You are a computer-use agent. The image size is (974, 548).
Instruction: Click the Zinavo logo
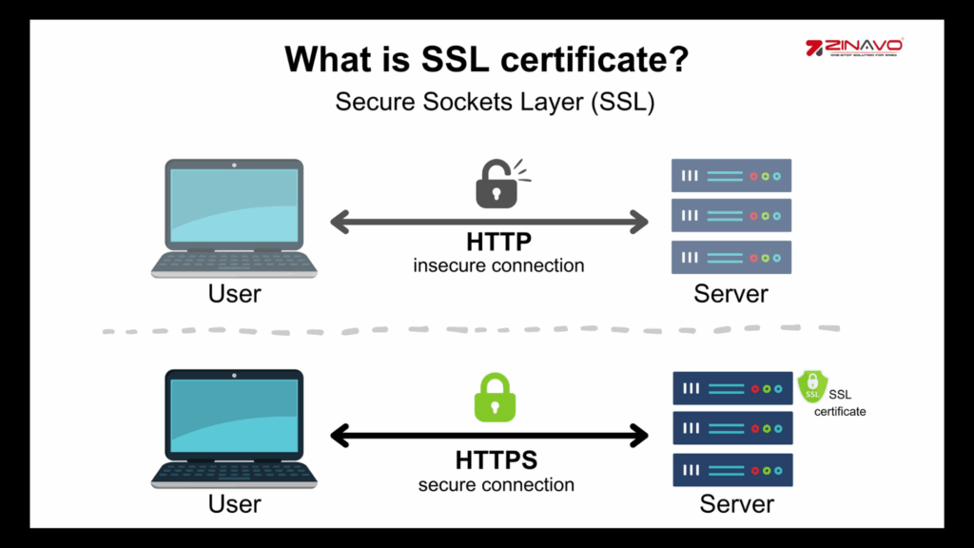853,47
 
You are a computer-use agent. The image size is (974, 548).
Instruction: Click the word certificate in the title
600,60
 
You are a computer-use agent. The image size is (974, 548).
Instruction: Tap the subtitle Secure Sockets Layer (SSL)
495,103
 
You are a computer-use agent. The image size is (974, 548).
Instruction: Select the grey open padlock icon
497,185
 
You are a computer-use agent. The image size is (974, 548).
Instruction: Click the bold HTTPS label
497,460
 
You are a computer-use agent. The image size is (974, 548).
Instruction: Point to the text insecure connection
498,265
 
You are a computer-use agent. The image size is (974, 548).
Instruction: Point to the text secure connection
497,484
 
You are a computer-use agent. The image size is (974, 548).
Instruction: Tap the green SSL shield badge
812,386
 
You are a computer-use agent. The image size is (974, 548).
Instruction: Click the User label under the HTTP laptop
234,293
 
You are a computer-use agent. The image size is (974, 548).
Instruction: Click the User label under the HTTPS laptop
234,502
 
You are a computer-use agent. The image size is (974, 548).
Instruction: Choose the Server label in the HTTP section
730,293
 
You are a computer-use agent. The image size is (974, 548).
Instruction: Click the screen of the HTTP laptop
233,205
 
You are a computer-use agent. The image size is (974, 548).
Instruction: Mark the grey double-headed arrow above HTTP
489,223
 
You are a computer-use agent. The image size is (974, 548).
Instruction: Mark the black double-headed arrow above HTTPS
489,437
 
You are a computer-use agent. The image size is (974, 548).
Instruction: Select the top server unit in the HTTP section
731,176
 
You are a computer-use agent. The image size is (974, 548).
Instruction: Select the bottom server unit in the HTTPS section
733,470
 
